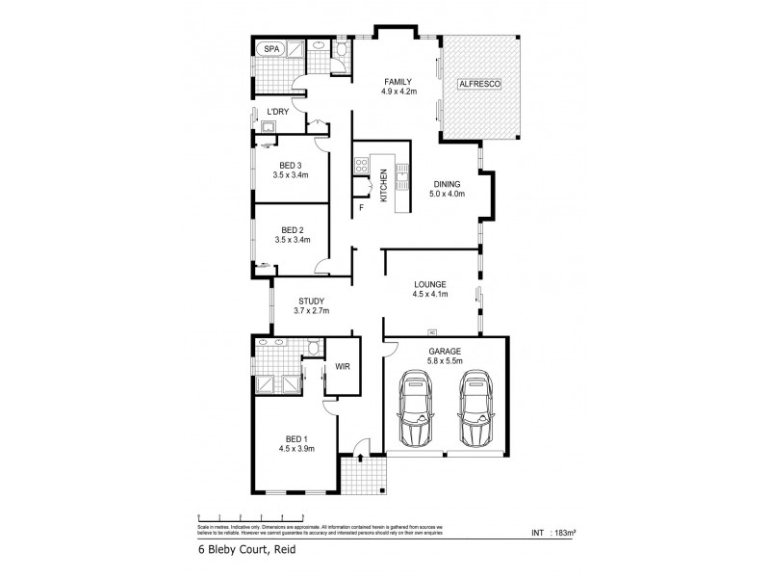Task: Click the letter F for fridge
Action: point(362,208)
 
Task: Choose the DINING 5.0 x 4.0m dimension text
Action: point(447,195)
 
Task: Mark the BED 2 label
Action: point(293,229)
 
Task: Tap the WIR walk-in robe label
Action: point(342,367)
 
